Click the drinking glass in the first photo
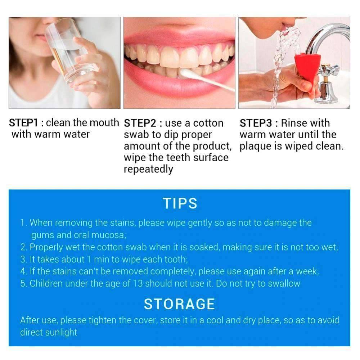[x=69, y=50]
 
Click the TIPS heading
[x=180, y=203]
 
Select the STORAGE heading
[x=180, y=304]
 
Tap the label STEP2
[x=140, y=123]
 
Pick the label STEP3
[x=256, y=123]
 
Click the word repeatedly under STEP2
[x=148, y=170]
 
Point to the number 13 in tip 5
[x=138, y=284]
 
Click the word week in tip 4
[x=307, y=271]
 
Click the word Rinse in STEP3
[x=294, y=123]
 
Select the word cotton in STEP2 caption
[x=208, y=123]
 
